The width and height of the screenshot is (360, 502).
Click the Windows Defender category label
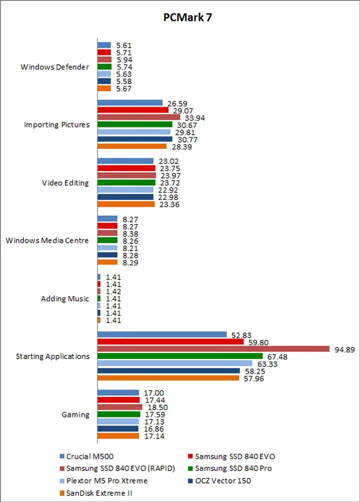pos(55,67)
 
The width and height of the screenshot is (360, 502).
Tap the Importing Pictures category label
pos(57,124)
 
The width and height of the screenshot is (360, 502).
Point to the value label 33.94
pos(194,118)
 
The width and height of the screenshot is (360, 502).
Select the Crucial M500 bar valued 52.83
pos(162,334)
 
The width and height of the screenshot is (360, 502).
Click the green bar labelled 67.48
pos(180,356)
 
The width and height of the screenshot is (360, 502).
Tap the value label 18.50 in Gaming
pos(157,407)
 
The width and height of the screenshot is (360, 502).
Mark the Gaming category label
pos(75,414)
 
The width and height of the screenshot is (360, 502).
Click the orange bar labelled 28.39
pos(132,146)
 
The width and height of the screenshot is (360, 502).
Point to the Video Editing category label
pos(65,182)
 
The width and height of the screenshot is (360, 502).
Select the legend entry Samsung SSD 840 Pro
pos(233,468)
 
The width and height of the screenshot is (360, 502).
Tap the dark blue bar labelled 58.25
pos(168,371)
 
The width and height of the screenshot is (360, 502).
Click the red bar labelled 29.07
pos(133,110)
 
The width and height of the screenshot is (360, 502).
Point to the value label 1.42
pos(113,291)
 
